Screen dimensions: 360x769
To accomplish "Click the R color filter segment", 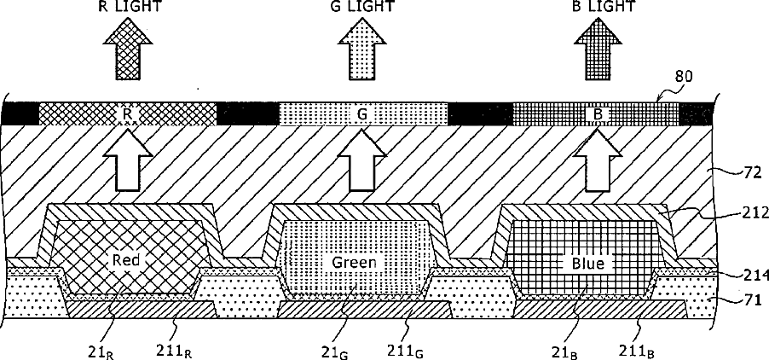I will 128,113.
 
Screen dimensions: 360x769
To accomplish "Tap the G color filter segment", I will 363,113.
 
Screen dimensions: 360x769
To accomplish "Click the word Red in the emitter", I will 126,258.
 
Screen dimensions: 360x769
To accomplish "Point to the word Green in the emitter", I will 354,262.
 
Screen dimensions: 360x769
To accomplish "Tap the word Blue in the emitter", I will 584,264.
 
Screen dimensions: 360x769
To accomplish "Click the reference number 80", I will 684,76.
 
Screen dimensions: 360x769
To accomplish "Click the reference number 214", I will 755,275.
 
